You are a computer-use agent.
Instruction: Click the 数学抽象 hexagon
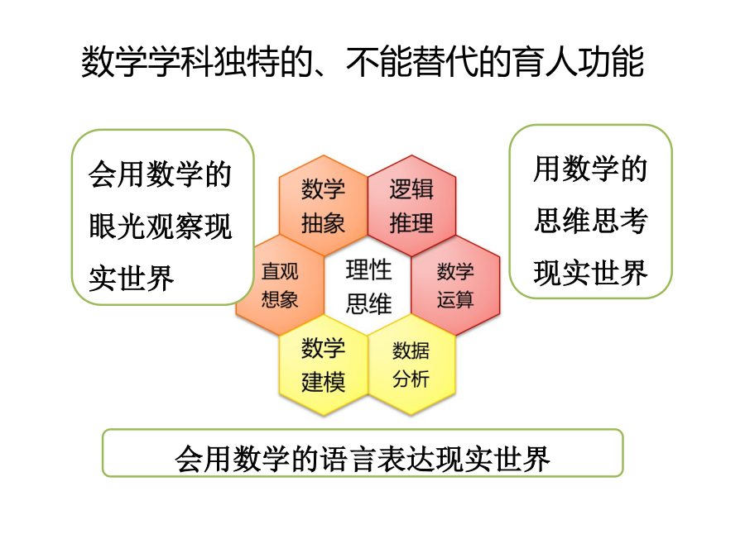coord(323,206)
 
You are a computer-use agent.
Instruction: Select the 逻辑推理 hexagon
coord(411,206)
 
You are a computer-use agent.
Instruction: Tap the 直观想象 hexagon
coord(281,285)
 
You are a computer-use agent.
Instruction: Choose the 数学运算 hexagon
coord(455,285)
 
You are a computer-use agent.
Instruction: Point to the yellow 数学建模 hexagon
coord(323,365)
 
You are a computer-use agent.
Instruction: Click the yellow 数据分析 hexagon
coord(411,365)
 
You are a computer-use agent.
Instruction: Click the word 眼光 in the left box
coord(117,226)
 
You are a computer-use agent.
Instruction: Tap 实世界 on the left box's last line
coord(131,278)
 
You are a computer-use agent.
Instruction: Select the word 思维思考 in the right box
coord(590,221)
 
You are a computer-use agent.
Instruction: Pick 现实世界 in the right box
coord(590,273)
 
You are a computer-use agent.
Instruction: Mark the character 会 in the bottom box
coord(189,459)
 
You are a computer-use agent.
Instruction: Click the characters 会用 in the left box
coord(117,174)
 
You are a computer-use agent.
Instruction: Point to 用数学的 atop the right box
coord(590,169)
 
